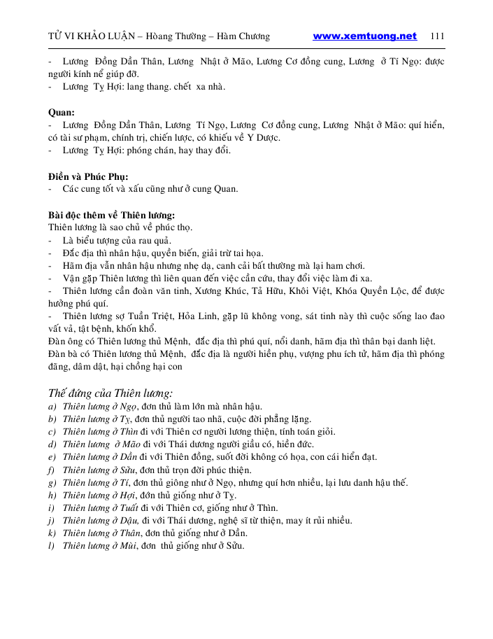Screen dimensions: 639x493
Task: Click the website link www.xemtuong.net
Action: [364, 36]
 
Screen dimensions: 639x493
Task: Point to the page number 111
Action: [438, 36]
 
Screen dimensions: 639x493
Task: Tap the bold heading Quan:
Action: [62, 112]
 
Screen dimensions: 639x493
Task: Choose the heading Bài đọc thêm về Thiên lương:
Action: [111, 214]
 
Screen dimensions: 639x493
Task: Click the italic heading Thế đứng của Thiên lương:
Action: [110, 393]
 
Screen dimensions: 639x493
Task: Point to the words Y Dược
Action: [252, 138]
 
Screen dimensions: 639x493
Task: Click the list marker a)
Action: [52, 407]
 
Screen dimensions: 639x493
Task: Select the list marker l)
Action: [51, 546]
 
